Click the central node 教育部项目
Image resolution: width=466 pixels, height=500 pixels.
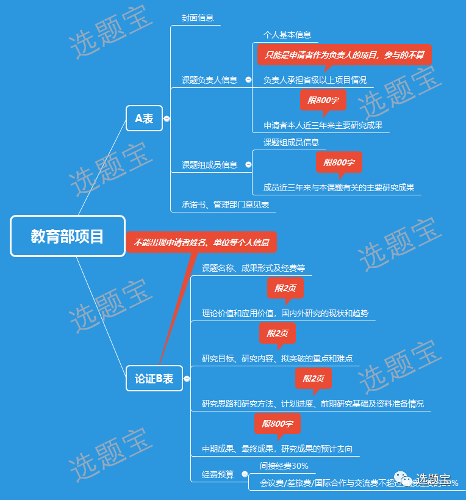click(x=68, y=236)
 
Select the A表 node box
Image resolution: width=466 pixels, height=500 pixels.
click(x=145, y=118)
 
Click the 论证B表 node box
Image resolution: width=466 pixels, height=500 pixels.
click(x=154, y=379)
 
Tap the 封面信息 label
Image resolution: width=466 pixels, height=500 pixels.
click(x=198, y=18)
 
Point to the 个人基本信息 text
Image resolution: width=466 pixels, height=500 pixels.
click(x=287, y=35)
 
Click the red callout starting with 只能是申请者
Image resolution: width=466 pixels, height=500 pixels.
click(x=344, y=55)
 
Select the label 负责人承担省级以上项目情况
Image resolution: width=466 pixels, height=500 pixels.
click(x=315, y=80)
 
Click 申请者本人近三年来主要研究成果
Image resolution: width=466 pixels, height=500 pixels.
click(x=323, y=125)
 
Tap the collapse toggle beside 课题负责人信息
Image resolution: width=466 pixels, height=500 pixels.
click(x=248, y=80)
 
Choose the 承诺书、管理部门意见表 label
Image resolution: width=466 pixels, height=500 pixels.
click(x=225, y=205)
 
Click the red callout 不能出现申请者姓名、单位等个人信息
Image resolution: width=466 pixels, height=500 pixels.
click(x=201, y=242)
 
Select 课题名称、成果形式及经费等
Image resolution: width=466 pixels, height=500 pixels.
click(x=253, y=268)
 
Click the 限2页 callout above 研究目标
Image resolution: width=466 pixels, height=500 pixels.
click(x=278, y=333)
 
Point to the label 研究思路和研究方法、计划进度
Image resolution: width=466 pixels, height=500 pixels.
click(x=312, y=404)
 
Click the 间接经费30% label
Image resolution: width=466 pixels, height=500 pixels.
click(x=284, y=466)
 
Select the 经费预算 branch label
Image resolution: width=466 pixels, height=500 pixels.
click(x=218, y=474)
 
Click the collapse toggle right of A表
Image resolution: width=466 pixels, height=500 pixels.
click(x=167, y=119)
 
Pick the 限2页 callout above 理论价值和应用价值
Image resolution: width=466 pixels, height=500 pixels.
click(x=285, y=288)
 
